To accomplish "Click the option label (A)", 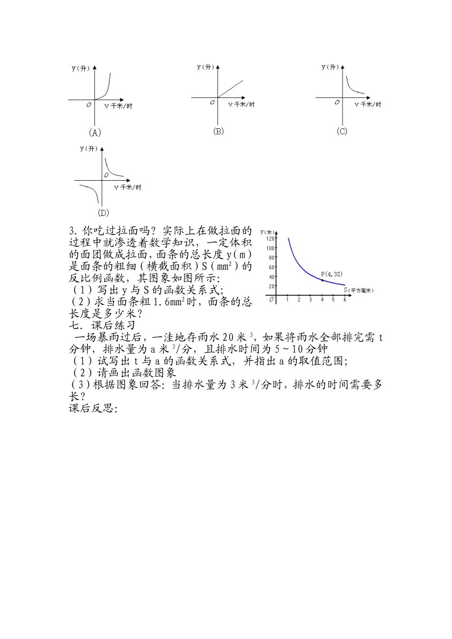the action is [95, 133].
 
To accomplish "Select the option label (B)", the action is [218, 131].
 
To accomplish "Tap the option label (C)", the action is [342, 131].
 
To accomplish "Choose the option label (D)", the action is [103, 213].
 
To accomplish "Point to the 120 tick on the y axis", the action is [270, 239].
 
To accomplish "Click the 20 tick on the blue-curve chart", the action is [272, 286].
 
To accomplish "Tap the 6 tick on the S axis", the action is [344, 300].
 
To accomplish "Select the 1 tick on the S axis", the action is [288, 300].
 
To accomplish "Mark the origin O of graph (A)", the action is [89, 105].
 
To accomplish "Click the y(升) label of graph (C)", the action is [330, 67].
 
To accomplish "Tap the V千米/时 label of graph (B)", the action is [241, 104].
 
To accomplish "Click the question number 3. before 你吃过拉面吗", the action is [73, 232].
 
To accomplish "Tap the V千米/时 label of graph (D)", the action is [128, 187].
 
